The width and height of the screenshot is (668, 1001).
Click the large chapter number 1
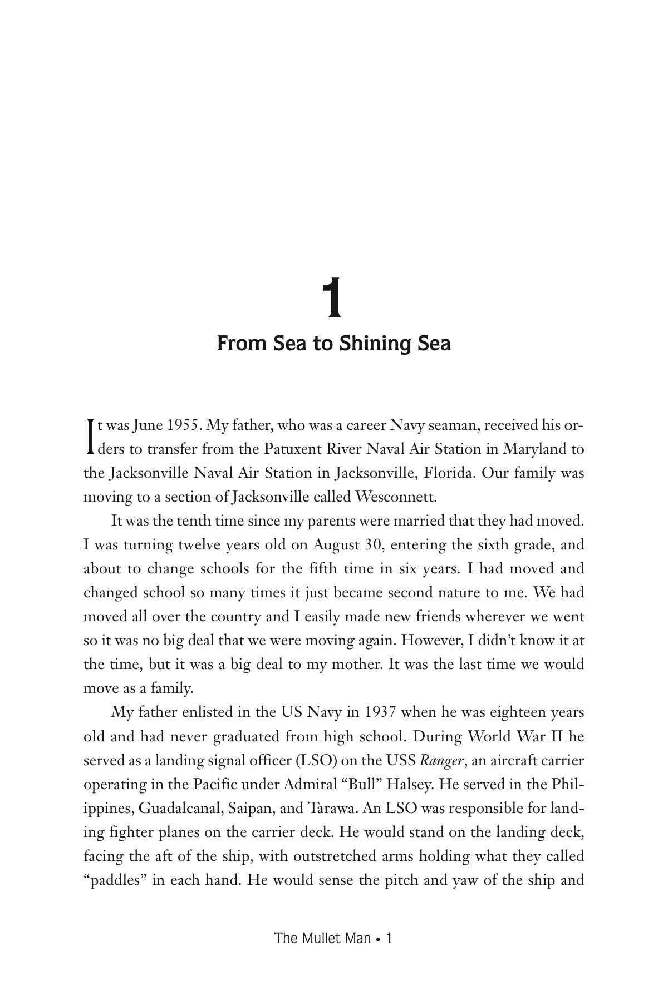(332, 299)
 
